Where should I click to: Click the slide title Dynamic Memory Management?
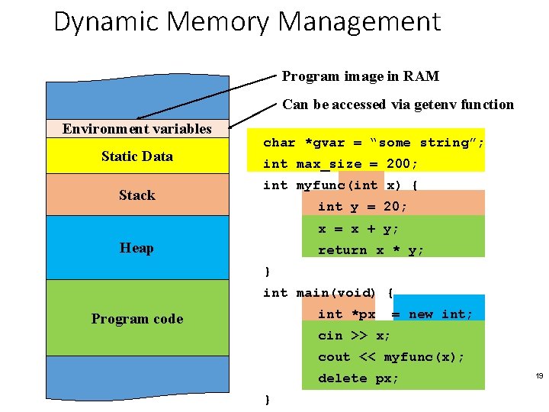(x=247, y=22)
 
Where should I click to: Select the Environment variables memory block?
(x=137, y=128)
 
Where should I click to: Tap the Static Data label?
(x=137, y=156)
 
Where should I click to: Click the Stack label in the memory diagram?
(x=137, y=195)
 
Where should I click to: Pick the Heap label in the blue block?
(x=137, y=248)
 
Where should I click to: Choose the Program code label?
(x=137, y=319)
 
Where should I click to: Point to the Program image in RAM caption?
(x=360, y=76)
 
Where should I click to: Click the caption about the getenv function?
(x=398, y=105)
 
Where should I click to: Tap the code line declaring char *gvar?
(x=374, y=143)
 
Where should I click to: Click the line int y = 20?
(x=363, y=207)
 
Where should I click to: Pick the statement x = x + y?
(x=358, y=229)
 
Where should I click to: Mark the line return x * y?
(x=371, y=250)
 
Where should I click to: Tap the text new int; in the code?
(x=441, y=314)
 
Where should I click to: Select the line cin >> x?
(x=355, y=336)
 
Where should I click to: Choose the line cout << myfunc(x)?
(x=391, y=357)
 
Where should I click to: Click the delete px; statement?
(x=358, y=378)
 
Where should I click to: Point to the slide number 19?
(x=539, y=376)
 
